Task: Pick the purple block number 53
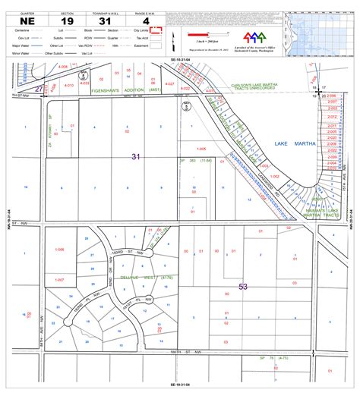[x=243, y=286]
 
